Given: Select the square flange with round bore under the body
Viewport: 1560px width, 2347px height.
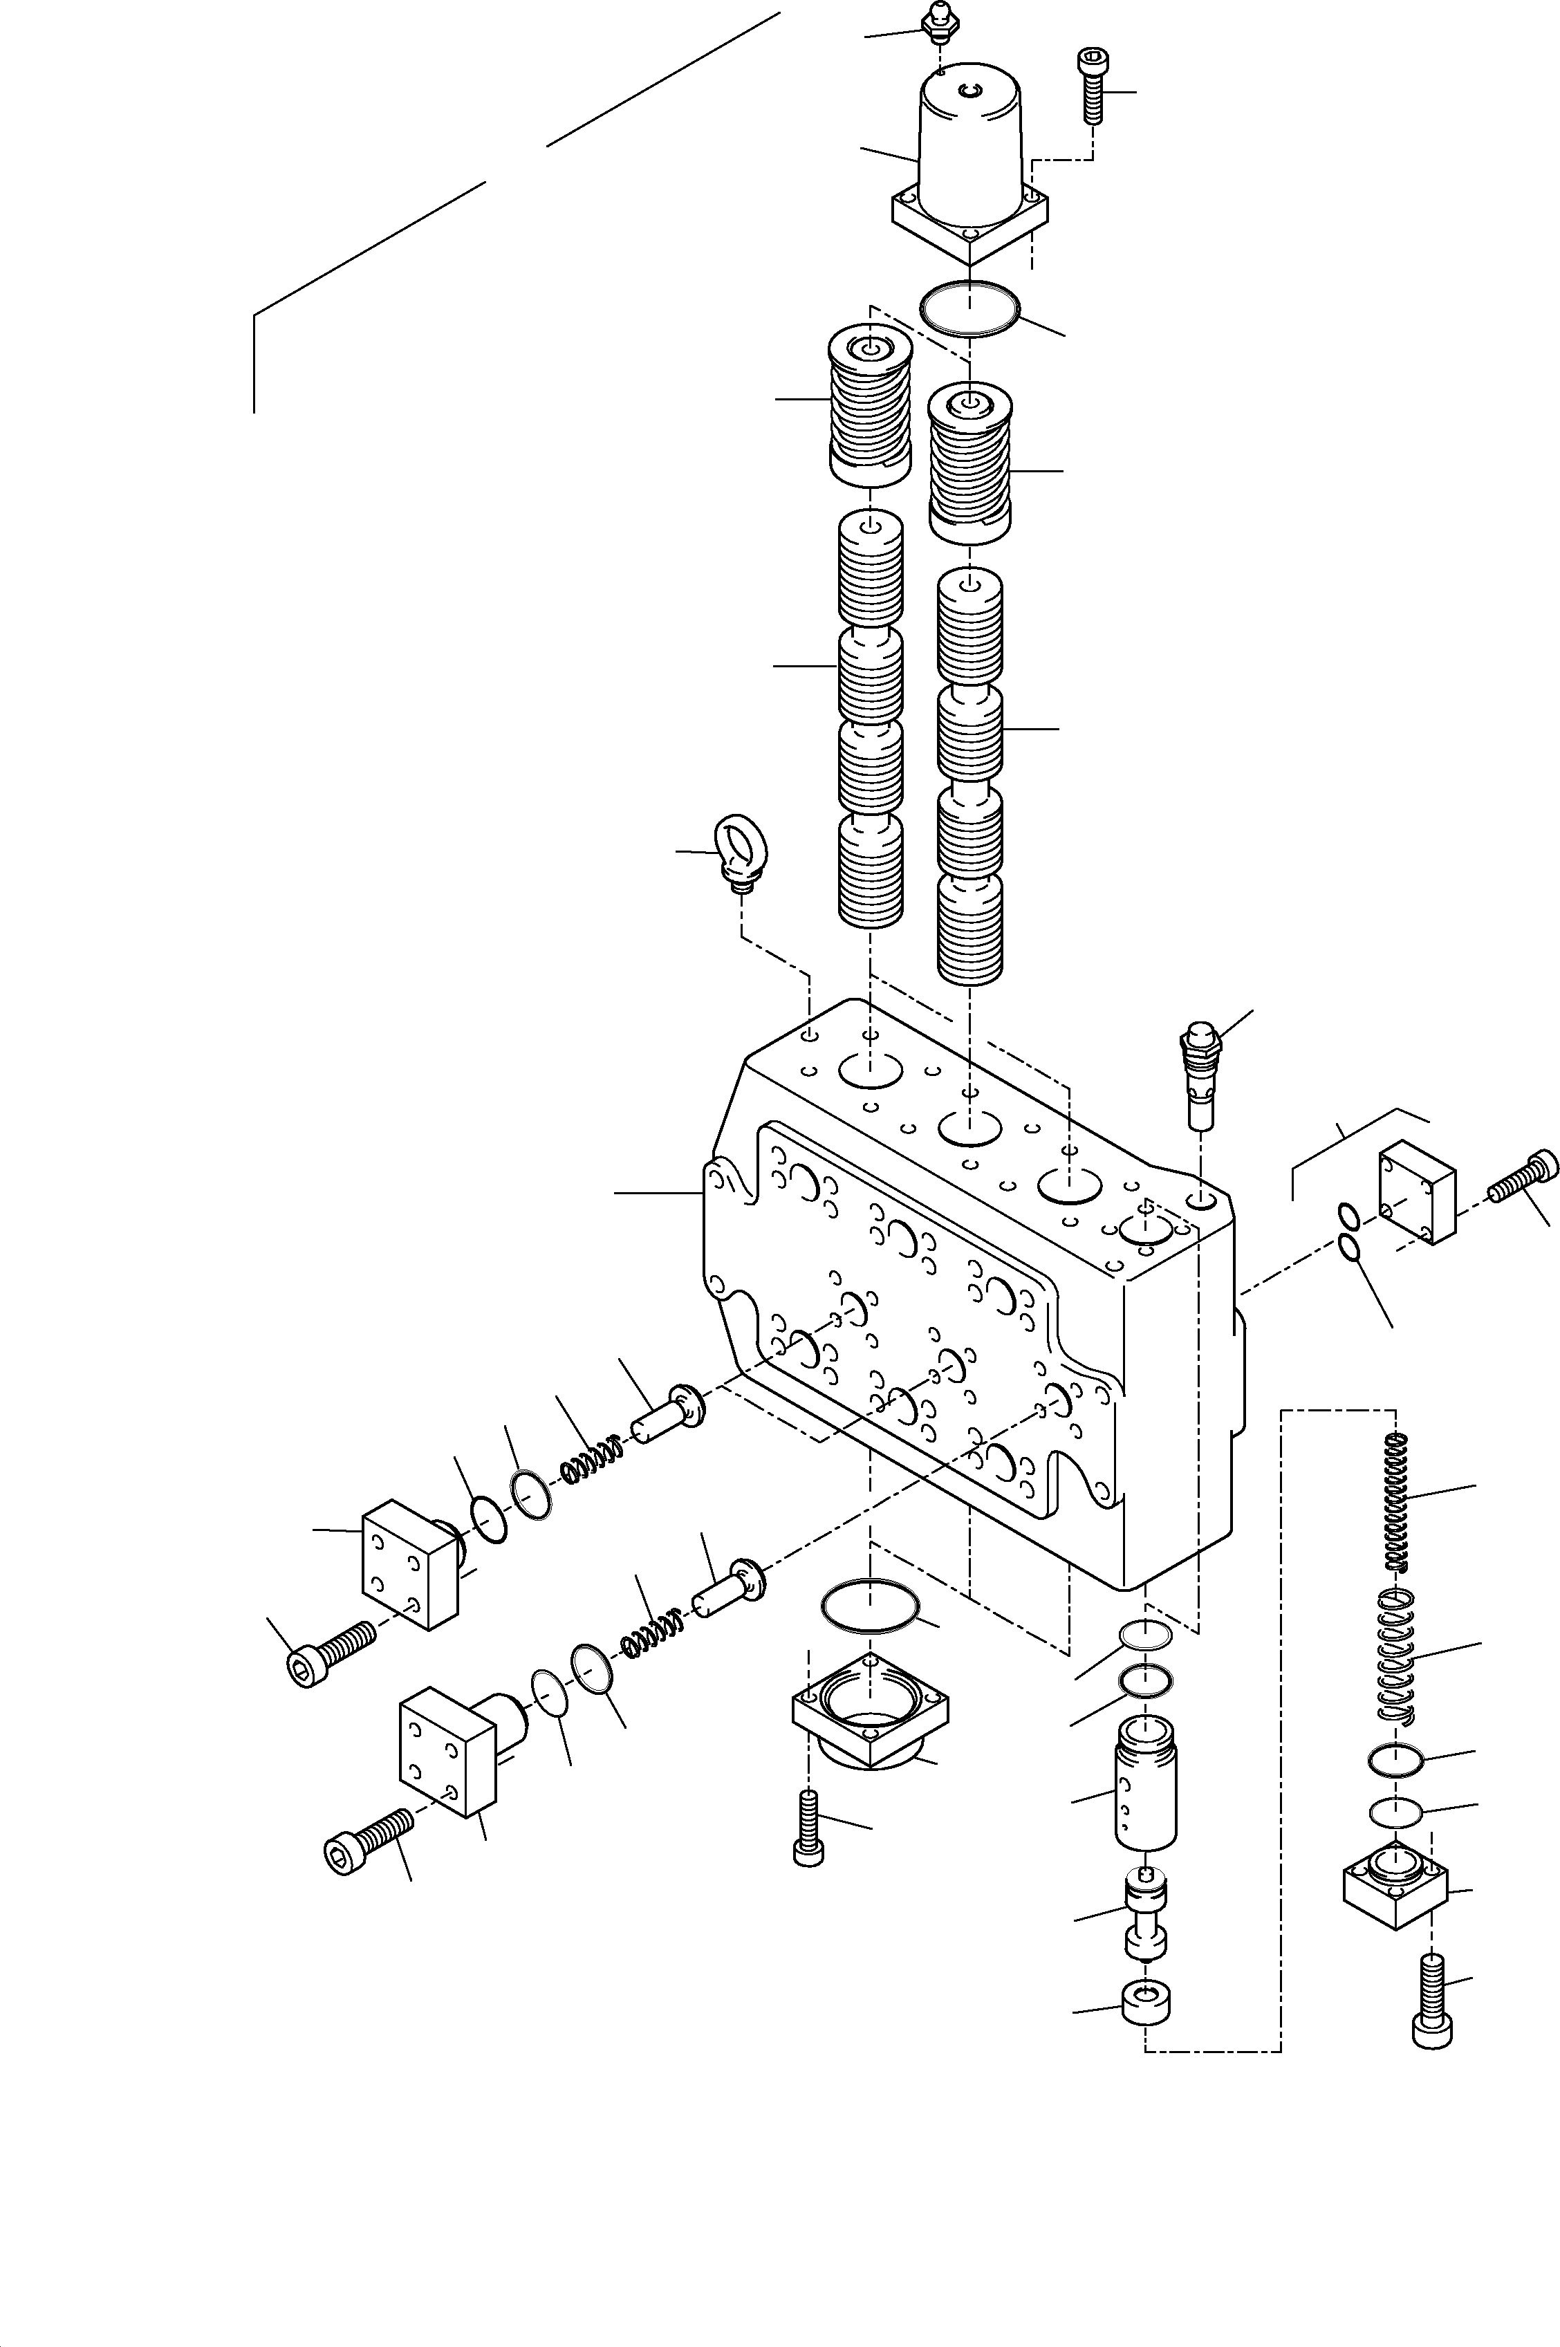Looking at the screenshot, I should [869, 1714].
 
